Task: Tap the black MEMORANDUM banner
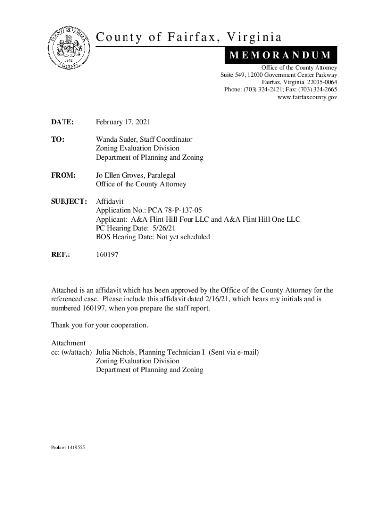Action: pyautogui.click(x=281, y=55)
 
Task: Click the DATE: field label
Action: pyautogui.click(x=63, y=122)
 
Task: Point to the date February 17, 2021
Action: pyautogui.click(x=123, y=122)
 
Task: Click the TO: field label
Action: pyautogui.click(x=58, y=140)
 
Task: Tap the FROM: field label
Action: pyautogui.click(x=64, y=175)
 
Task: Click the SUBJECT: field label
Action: pyautogui.click(x=69, y=201)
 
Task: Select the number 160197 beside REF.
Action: pyautogui.click(x=107, y=254)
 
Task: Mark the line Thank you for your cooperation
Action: pyautogui.click(x=100, y=326)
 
